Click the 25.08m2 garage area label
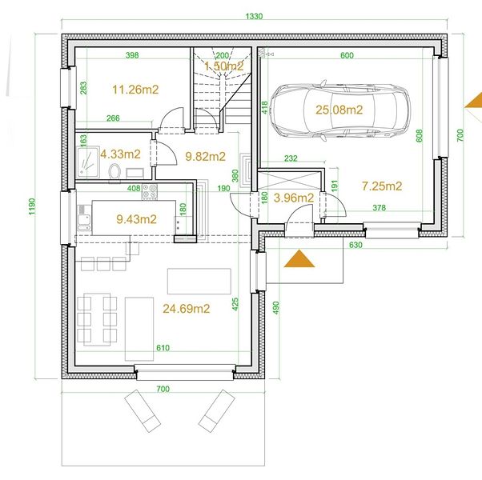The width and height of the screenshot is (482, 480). [339, 110]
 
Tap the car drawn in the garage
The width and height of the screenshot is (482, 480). [339, 110]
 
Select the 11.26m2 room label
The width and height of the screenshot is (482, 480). [135, 90]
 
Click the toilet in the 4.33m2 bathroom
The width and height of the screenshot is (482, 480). [114, 171]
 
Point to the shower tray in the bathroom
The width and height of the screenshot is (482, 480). [88, 162]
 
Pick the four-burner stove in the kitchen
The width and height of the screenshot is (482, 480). [150, 191]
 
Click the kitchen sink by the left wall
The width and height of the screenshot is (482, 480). [83, 218]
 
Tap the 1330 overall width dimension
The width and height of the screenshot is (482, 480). [255, 16]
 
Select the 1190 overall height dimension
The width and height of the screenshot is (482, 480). [32, 206]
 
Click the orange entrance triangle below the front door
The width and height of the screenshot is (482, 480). [299, 259]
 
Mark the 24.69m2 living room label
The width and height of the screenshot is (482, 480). [187, 309]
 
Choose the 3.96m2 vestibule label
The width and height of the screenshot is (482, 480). [294, 198]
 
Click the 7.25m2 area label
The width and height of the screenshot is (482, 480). [382, 186]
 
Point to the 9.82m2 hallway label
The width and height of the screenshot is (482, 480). [205, 157]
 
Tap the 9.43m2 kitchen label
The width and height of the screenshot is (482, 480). [136, 219]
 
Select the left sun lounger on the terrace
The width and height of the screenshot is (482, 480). [143, 411]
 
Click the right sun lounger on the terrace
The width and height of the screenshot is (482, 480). [217, 411]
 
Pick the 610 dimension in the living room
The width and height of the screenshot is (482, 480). [163, 348]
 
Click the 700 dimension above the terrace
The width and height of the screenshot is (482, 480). [163, 389]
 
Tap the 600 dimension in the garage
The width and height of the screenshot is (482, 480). [347, 55]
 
